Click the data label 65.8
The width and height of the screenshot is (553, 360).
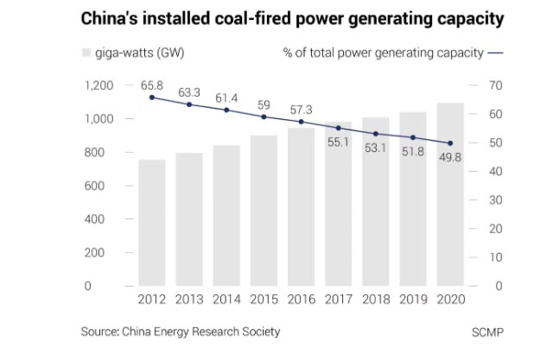pos(152,85)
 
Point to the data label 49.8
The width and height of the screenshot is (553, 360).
pos(449,157)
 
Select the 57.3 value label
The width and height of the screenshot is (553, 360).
pos(301,110)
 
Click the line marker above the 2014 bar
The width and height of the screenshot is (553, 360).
pos(226,110)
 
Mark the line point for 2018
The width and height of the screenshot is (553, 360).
pos(375,134)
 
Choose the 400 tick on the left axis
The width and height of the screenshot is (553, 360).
pos(104,219)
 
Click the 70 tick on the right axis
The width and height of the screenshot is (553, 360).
pos(495,85)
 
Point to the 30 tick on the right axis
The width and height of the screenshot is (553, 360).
pos(495,200)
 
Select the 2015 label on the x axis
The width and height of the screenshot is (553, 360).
pos(264,299)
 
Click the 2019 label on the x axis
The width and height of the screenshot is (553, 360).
pos(412,299)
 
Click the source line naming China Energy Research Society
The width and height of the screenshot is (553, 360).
pos(181,332)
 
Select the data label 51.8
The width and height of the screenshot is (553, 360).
pos(412,151)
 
